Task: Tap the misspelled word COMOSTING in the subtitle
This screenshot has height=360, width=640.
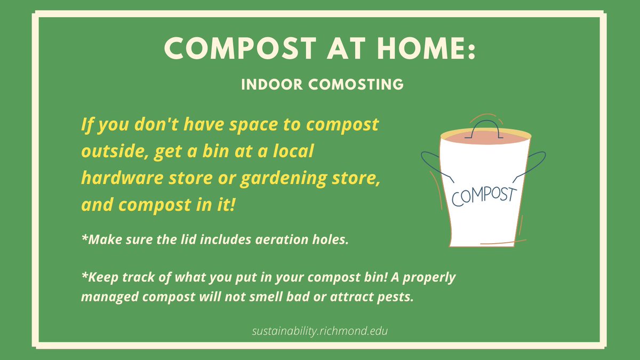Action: pyautogui.click(x=354, y=84)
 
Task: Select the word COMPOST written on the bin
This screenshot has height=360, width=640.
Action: pyautogui.click(x=484, y=194)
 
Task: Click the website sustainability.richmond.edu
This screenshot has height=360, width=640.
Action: pyautogui.click(x=320, y=331)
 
